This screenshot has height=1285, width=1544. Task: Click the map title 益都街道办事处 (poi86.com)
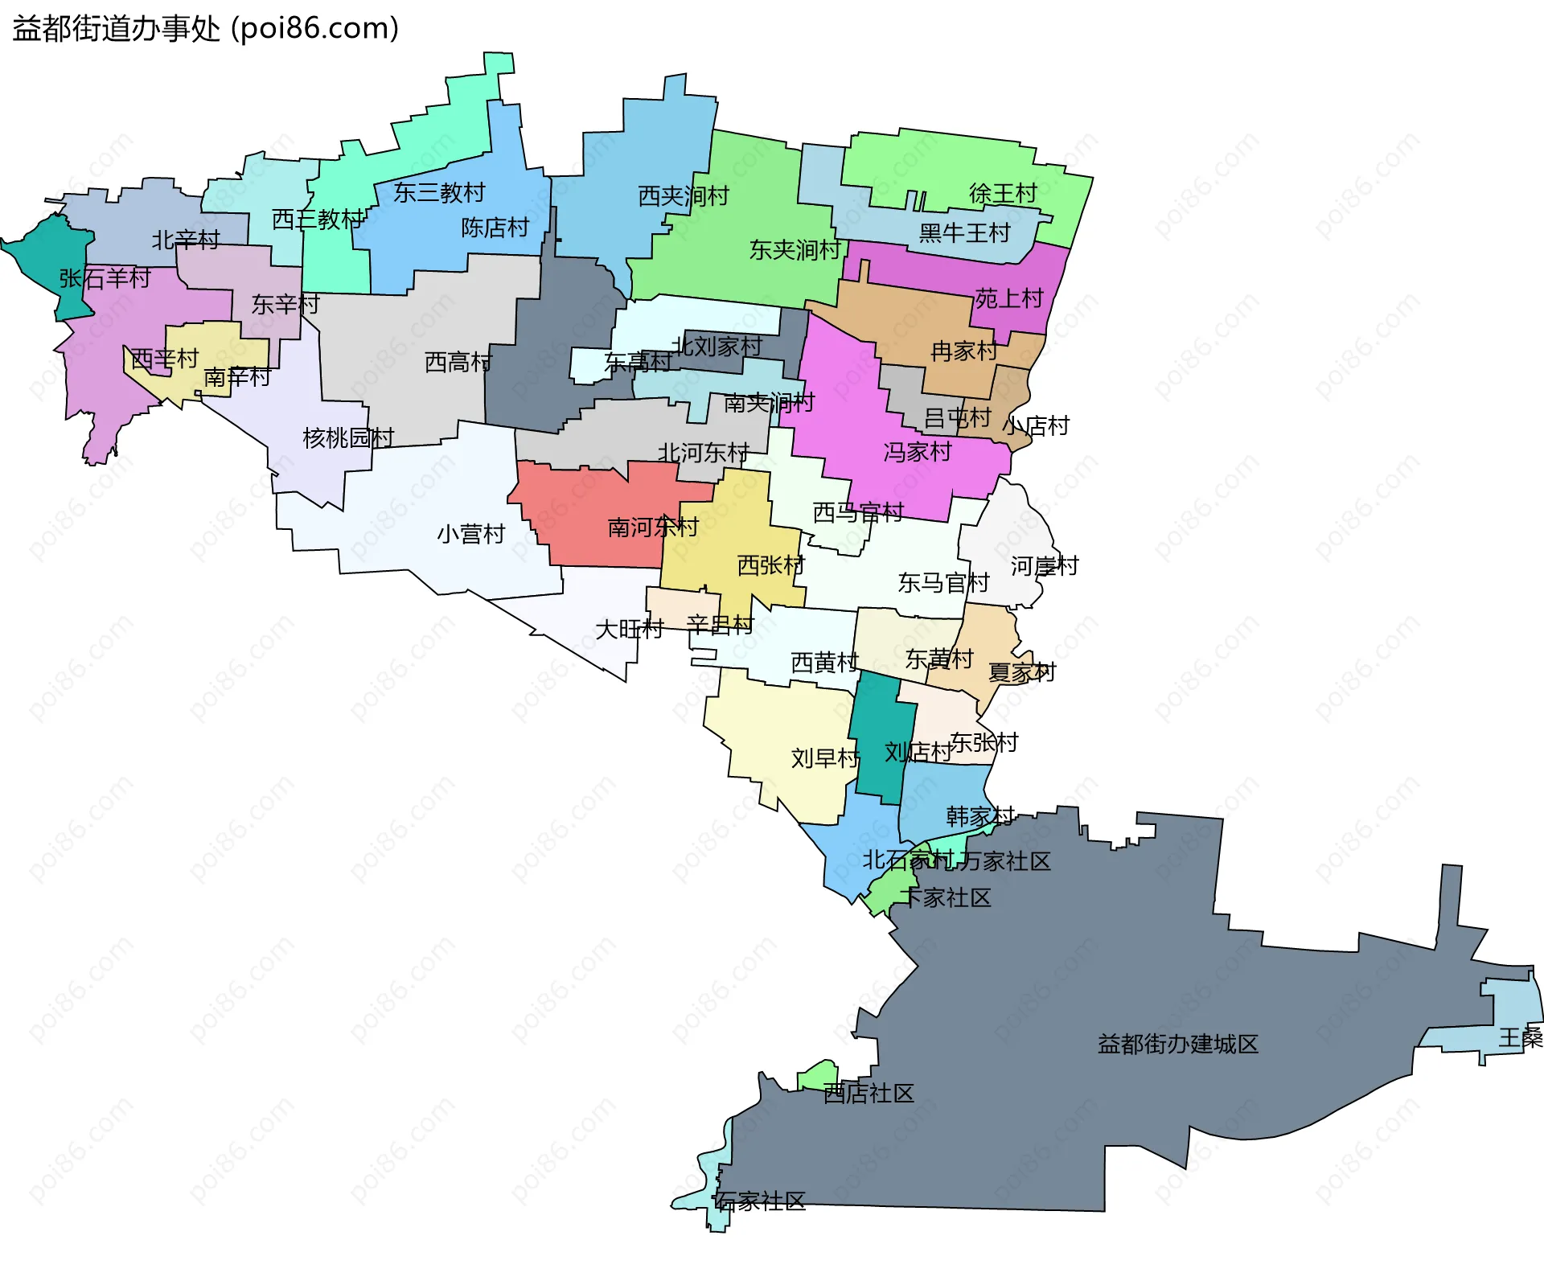tap(205, 29)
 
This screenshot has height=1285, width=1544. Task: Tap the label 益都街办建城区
tap(1177, 1044)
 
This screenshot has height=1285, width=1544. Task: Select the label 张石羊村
tap(105, 278)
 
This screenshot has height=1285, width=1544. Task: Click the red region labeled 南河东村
tap(595, 515)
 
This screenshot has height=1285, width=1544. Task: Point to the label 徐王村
tap(1002, 193)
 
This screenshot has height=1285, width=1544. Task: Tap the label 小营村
tap(470, 533)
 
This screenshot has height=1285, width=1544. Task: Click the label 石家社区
tap(760, 1201)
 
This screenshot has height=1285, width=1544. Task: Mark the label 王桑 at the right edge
tap(1520, 1037)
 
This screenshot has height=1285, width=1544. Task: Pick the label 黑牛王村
tap(963, 233)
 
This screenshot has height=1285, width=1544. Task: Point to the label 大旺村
tap(629, 629)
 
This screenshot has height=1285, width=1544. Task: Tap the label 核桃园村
tap(347, 437)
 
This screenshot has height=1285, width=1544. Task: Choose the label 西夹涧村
tap(683, 195)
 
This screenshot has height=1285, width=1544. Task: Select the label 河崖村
tap(1044, 566)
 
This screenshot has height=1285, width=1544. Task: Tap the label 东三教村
tap(439, 192)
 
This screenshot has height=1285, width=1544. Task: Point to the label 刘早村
tap(825, 757)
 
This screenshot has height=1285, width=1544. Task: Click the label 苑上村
tap(1008, 298)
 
